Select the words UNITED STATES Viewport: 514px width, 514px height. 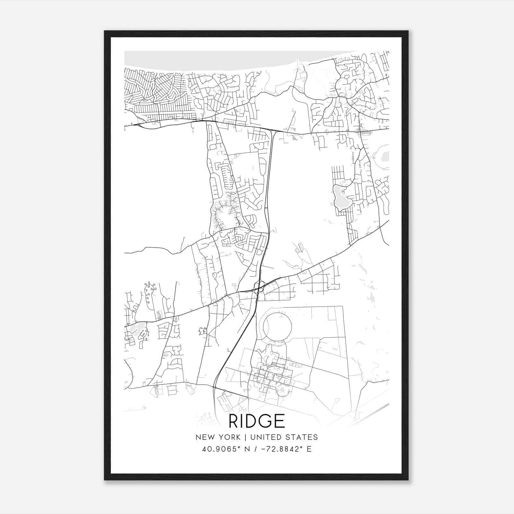point(284,437)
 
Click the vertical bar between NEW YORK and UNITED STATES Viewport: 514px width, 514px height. point(245,437)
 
